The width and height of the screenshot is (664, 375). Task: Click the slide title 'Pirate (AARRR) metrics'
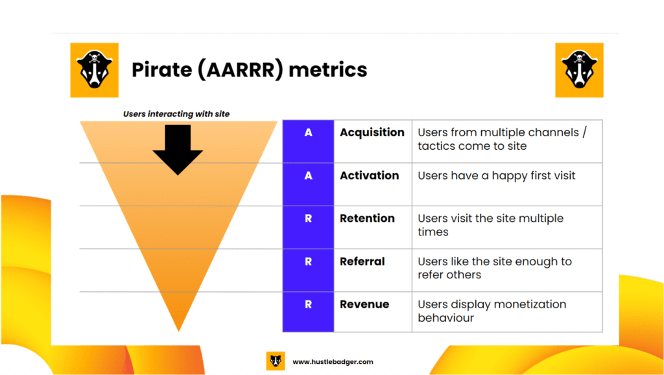point(250,70)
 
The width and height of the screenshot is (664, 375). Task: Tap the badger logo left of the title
point(95,70)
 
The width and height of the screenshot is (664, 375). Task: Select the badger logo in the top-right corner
point(579,70)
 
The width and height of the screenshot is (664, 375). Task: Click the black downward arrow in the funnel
point(178,150)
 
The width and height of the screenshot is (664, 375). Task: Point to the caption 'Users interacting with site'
point(176,114)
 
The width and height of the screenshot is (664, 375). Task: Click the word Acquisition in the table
point(372,133)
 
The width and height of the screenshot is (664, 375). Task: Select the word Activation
point(369,175)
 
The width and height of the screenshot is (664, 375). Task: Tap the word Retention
point(367,218)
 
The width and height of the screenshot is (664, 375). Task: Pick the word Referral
point(362,261)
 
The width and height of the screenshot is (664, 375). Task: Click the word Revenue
point(364,304)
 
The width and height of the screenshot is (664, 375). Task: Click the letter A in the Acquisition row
point(308,132)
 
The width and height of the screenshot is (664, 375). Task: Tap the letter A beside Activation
point(308,175)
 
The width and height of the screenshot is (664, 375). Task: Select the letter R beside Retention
point(308,218)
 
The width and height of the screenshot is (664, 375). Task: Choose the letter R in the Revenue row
point(308,304)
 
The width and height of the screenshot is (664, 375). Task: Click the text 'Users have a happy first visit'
point(496,176)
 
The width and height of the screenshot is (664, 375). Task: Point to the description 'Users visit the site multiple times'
point(490,225)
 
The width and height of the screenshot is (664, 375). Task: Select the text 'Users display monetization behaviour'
point(492,311)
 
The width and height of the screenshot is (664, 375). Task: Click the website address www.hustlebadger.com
point(333,362)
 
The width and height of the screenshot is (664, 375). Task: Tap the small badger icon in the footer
point(275,361)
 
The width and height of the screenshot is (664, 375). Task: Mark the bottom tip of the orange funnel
point(179,332)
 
